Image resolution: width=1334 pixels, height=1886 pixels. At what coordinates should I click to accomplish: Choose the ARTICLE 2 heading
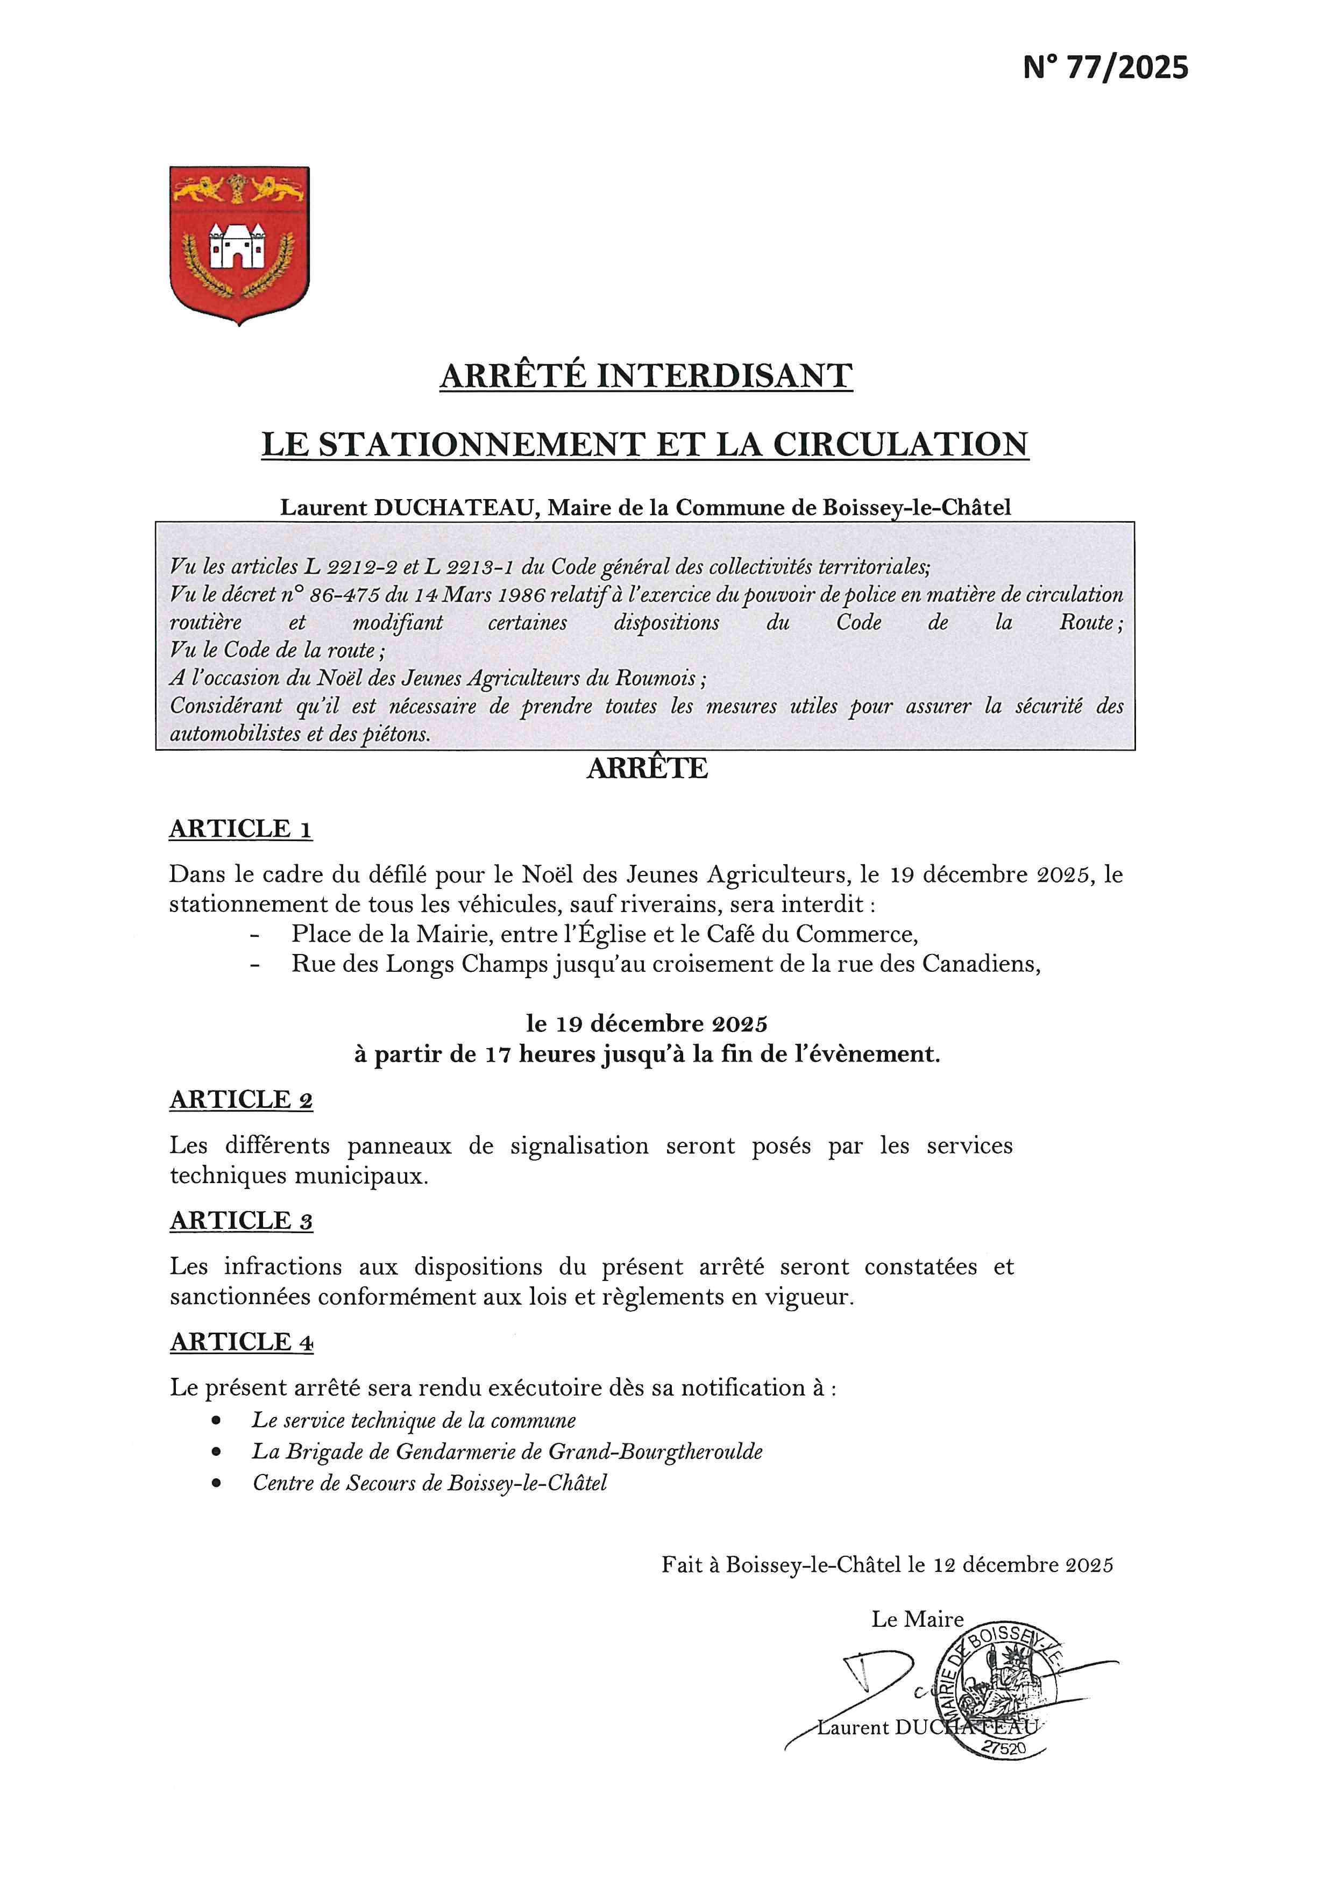(242, 1100)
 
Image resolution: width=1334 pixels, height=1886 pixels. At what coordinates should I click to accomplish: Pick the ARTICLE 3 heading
(242, 1221)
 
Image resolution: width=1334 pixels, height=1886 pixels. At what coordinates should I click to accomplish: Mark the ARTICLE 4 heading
(242, 1342)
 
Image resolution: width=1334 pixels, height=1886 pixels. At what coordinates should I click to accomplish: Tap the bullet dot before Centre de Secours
(216, 1484)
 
